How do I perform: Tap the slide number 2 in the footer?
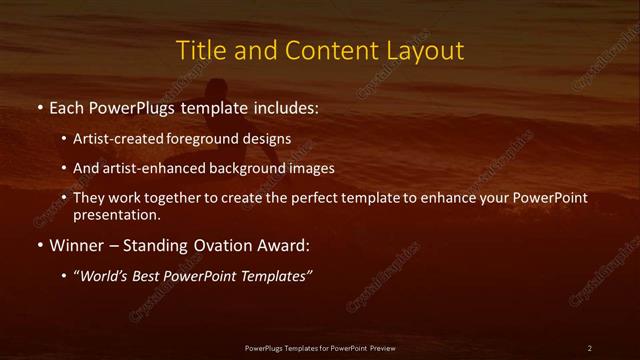[589, 347]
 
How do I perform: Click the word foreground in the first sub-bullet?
[214, 139]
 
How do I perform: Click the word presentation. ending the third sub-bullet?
[115, 214]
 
